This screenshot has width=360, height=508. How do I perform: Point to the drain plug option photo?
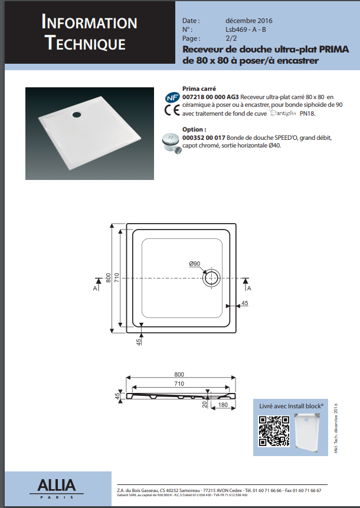[x=172, y=142]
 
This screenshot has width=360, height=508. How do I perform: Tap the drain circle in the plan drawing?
[x=211, y=277]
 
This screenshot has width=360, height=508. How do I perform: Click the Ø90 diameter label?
[x=195, y=264]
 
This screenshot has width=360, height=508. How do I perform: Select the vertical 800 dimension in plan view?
[x=109, y=277]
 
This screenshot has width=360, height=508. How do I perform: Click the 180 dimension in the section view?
[x=223, y=405]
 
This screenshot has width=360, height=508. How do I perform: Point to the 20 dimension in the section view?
[x=205, y=405]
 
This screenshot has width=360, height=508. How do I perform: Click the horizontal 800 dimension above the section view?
[x=179, y=375]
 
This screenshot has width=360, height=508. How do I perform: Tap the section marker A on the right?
[x=249, y=288]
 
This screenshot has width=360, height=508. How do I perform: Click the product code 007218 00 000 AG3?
[x=211, y=96]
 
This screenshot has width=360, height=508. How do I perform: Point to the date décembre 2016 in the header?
[x=246, y=21]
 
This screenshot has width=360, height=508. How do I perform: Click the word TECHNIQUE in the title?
[x=85, y=43]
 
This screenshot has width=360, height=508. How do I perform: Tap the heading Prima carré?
[x=200, y=87]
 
